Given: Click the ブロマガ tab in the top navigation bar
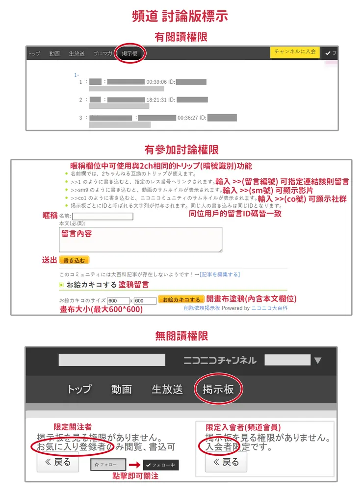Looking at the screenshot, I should pyautogui.click(x=103, y=54).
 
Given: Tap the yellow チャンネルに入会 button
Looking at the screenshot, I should pyautogui.click(x=295, y=52).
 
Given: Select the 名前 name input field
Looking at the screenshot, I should pyautogui.click(x=103, y=216).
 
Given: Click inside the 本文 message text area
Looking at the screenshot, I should pyautogui.click(x=140, y=240).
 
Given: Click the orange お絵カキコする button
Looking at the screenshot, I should pyautogui.click(x=181, y=300).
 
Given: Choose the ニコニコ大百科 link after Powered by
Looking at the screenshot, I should pyautogui.click(x=269, y=308).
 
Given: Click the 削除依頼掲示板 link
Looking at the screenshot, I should pyautogui.click(x=202, y=308).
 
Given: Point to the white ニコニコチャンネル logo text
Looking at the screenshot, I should pyautogui.click(x=220, y=361).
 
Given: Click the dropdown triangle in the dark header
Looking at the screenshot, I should pyautogui.click(x=318, y=361).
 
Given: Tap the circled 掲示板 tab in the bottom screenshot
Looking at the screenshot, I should pyautogui.click(x=218, y=390).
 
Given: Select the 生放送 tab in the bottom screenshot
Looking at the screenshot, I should pyautogui.click(x=167, y=390).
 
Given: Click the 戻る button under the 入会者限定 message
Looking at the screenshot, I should pyautogui.click(x=226, y=462).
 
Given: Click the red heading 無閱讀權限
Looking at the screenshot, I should pyautogui.click(x=181, y=336).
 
